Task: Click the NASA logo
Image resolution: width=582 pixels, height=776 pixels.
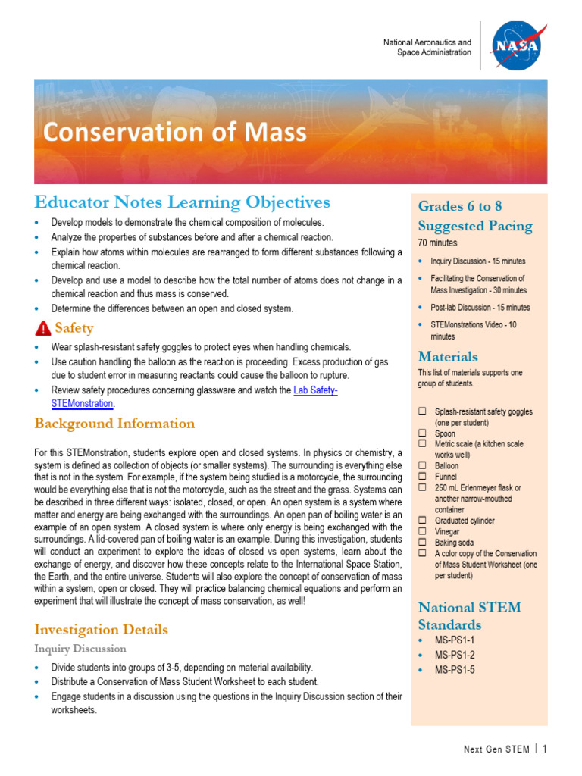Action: pos(517,46)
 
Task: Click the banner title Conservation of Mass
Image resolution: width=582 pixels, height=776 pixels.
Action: pos(175,133)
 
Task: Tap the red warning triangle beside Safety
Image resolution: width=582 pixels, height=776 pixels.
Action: pos(43,328)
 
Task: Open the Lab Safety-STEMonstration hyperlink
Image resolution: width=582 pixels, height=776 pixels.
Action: pos(314,390)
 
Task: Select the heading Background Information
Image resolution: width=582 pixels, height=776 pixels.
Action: pos(114,424)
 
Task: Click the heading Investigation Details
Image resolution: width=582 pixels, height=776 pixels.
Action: pos(102,630)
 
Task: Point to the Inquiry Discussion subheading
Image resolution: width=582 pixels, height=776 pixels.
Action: pos(80,649)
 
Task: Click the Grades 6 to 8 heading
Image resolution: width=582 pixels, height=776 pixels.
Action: pos(460,206)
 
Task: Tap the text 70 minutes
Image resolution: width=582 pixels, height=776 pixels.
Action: pos(437,243)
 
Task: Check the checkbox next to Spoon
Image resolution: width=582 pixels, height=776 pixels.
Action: pos(422,433)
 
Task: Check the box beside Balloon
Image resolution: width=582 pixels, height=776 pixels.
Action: pos(422,465)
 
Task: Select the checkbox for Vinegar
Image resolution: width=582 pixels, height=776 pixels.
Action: pos(422,532)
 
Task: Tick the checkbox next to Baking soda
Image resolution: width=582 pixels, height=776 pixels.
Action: pos(422,543)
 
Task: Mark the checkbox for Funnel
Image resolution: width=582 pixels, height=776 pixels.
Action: pos(422,477)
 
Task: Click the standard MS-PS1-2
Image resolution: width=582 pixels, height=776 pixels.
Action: pos(455,655)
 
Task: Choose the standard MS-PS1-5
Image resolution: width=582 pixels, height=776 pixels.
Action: pos(455,670)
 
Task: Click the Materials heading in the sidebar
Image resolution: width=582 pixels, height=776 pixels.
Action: pos(448,356)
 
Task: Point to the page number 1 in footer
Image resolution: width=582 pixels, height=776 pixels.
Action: pos(544,749)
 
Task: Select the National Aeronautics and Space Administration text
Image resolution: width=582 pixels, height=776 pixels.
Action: pos(427,48)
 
